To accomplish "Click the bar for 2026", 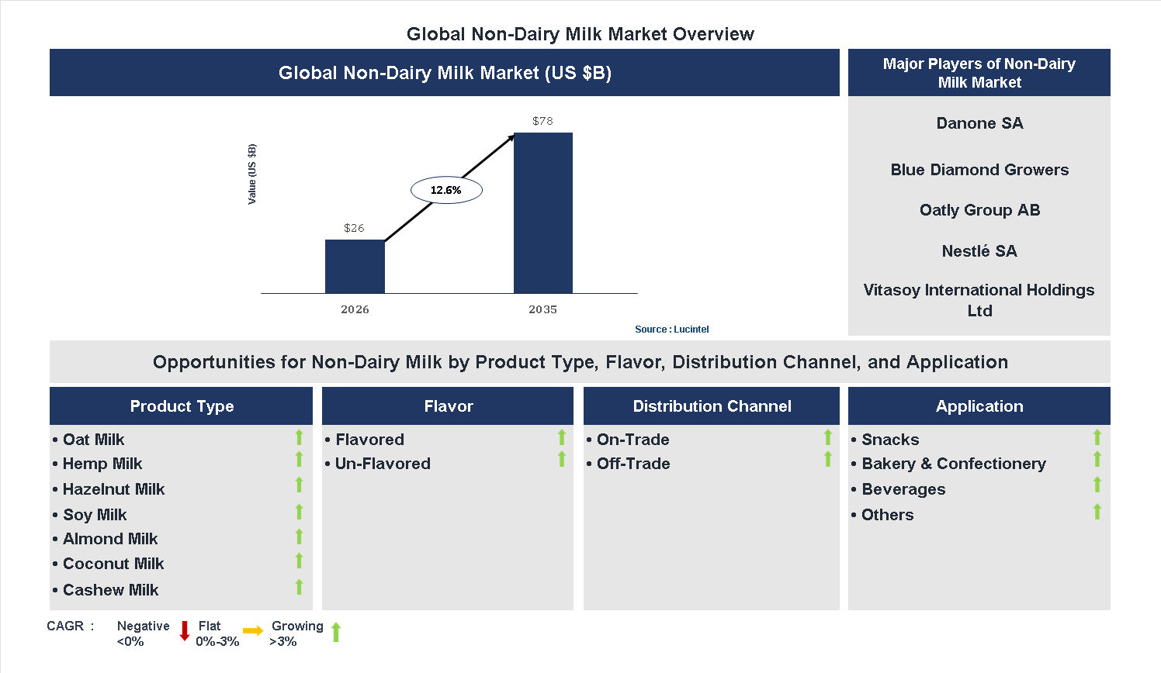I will pyautogui.click(x=355, y=266).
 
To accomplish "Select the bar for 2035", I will pyautogui.click(x=543, y=212).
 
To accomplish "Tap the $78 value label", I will pyautogui.click(x=542, y=121).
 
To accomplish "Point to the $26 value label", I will pyautogui.click(x=354, y=228).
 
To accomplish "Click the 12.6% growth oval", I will pyautogui.click(x=446, y=190).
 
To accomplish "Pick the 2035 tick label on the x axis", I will pyautogui.click(x=542, y=309).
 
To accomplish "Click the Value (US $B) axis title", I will pyautogui.click(x=251, y=174).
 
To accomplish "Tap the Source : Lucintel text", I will pyautogui.click(x=671, y=330).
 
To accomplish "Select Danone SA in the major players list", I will pyautogui.click(x=979, y=123).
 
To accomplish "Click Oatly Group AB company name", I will pyautogui.click(x=979, y=210).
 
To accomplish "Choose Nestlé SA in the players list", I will pyautogui.click(x=979, y=251).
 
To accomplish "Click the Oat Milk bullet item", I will pyautogui.click(x=93, y=440).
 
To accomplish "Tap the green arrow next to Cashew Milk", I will pyautogui.click(x=299, y=587).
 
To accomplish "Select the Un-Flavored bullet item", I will pyautogui.click(x=382, y=464).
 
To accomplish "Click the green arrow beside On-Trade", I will pyautogui.click(x=827, y=437).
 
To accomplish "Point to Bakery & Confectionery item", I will pyautogui.click(x=953, y=464).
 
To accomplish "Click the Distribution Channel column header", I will pyautogui.click(x=712, y=406).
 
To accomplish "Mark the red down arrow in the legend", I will pyautogui.click(x=185, y=631).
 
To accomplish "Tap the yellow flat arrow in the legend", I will pyautogui.click(x=253, y=631).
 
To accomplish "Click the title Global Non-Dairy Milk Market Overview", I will pyautogui.click(x=580, y=34).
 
